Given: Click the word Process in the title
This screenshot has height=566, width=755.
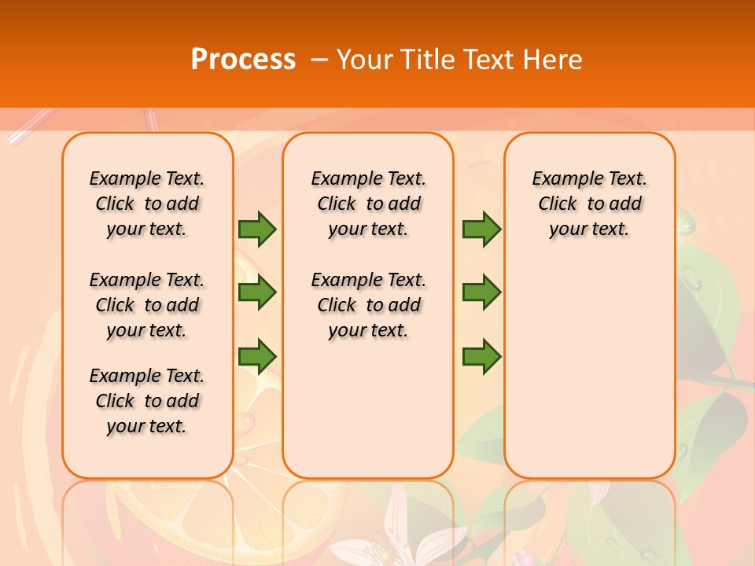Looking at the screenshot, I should (x=243, y=60).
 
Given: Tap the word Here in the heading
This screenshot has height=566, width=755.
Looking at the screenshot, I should (x=553, y=60).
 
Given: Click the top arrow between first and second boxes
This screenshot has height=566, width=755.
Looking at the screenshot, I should (x=256, y=229).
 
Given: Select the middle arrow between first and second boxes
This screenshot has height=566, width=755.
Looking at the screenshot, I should (x=256, y=293).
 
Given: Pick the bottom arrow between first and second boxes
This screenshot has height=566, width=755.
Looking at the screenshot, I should (x=256, y=357).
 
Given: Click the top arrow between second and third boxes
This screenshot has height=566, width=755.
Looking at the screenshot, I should (x=481, y=229).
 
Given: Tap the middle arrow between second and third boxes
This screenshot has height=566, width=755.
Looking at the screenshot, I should (x=481, y=293).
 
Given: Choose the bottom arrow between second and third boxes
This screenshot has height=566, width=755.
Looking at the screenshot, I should (x=481, y=357).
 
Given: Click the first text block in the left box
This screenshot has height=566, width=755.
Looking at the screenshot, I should (x=147, y=204).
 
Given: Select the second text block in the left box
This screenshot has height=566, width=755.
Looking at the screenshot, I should (x=147, y=305).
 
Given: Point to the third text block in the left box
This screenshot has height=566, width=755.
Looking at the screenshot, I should (x=147, y=401).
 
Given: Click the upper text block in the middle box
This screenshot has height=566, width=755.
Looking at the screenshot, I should (x=368, y=204).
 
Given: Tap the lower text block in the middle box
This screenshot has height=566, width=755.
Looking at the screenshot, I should (x=368, y=305).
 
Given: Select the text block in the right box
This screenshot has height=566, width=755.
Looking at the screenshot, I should (x=589, y=204).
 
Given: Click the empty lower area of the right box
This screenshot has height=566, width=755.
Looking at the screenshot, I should (x=589, y=369).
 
